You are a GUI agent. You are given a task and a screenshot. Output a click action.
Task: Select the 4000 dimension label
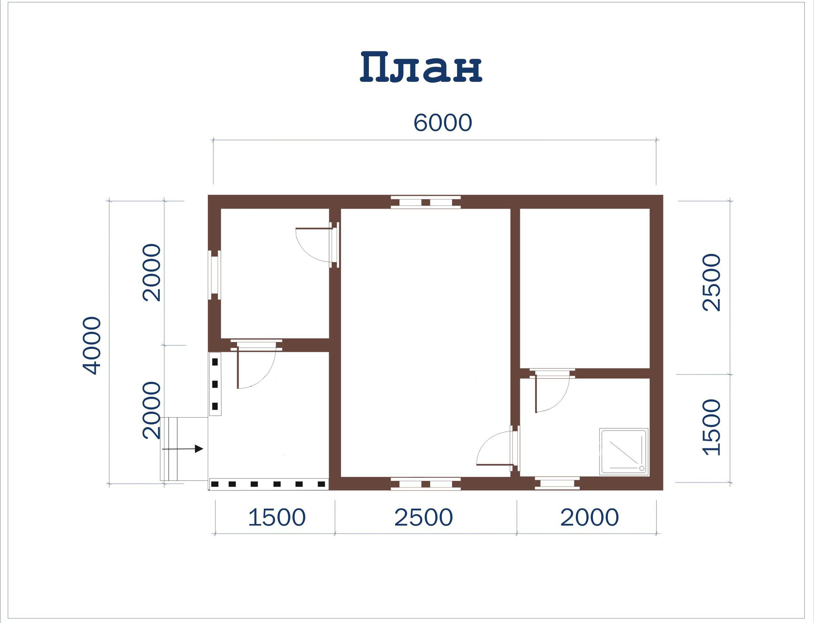click(x=91, y=346)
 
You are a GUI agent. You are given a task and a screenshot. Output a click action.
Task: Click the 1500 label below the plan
click(x=277, y=517)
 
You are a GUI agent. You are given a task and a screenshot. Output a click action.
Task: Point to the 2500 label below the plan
click(x=424, y=517)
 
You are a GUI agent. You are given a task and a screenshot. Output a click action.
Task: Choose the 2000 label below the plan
click(x=589, y=517)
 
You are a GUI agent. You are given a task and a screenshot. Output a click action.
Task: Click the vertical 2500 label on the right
click(x=712, y=282)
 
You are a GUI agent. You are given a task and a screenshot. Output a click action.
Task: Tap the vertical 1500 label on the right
click(x=712, y=427)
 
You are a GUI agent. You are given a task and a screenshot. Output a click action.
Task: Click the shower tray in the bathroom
click(x=624, y=452)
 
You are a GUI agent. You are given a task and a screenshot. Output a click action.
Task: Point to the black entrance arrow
click(x=183, y=449)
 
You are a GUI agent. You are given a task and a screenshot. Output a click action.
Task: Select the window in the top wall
click(x=426, y=202)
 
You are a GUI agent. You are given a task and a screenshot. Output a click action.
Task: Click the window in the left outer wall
click(x=214, y=275)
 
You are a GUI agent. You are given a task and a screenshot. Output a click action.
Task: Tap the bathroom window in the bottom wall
click(x=557, y=483)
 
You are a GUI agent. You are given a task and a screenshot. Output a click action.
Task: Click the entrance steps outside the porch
click(x=169, y=449)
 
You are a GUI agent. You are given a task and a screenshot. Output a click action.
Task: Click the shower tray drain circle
click(x=642, y=468)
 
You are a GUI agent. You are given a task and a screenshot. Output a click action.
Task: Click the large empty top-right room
click(x=585, y=288)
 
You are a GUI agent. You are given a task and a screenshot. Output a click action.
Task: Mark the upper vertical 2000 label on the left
click(x=152, y=272)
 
